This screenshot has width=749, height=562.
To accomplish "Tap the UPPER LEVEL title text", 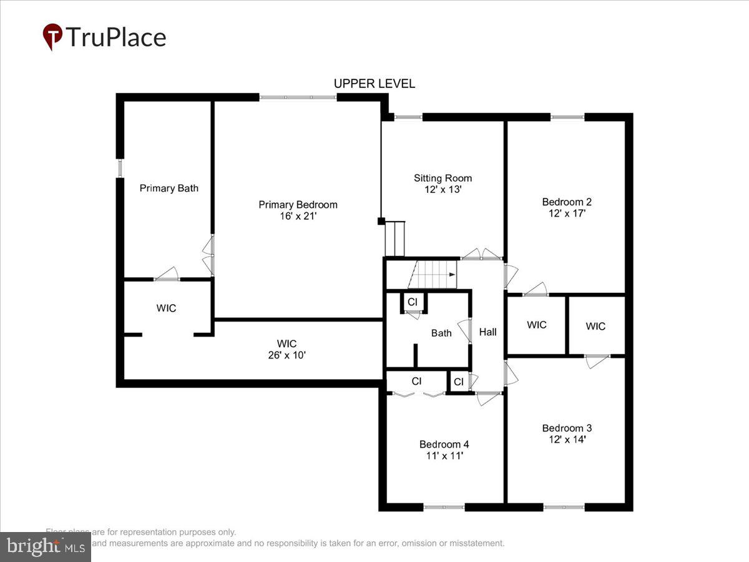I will point(374,84).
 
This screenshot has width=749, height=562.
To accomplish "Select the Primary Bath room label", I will point(169,188).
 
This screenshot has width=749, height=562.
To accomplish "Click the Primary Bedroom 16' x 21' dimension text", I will point(298,216).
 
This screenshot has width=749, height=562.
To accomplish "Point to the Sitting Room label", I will point(443,178).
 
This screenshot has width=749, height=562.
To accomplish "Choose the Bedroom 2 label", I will point(566,202).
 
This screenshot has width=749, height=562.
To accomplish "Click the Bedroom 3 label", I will point(566,428).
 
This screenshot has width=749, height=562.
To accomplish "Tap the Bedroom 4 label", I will point(444,444).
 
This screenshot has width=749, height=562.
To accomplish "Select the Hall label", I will point(487,332).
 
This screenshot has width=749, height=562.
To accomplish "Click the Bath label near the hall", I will point(441,333).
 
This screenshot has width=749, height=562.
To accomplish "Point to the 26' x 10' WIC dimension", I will point(286,355).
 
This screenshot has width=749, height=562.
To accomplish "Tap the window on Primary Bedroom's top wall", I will point(298,97).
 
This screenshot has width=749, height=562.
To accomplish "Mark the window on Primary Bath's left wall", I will point(120,168).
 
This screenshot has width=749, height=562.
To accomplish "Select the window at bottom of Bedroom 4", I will point(444,507).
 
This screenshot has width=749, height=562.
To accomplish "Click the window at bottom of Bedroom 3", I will point(564,507).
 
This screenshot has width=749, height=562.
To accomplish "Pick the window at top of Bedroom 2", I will point(567,116).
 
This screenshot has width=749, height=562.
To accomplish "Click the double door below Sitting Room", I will point(482,256).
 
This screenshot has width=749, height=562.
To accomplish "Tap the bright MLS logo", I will point(45,546).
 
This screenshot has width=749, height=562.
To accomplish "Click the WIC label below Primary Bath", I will point(166,308).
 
